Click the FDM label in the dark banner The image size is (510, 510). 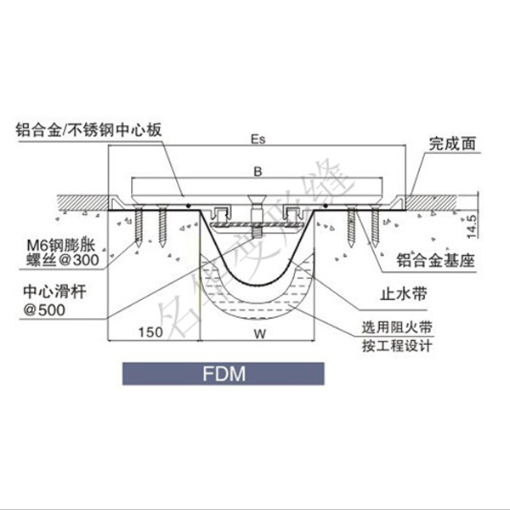pos(224,374)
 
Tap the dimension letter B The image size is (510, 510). pos(258,171)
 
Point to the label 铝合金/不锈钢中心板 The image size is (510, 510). pos(88,131)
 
